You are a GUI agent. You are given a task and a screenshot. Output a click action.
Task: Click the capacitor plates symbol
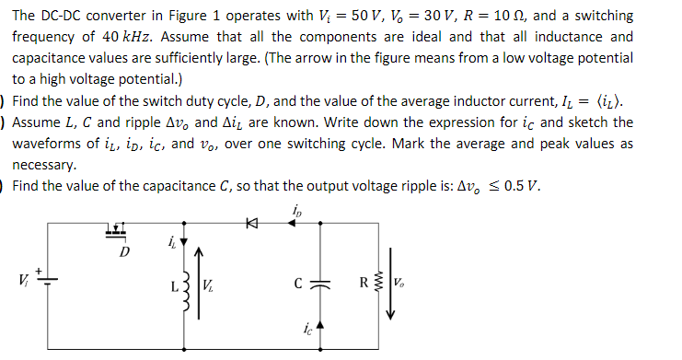pyautogui.click(x=320, y=283)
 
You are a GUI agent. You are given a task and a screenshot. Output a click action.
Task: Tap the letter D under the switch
pyautogui.click(x=124, y=250)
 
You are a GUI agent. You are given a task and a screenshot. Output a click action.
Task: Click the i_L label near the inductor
pyautogui.click(x=172, y=244)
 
